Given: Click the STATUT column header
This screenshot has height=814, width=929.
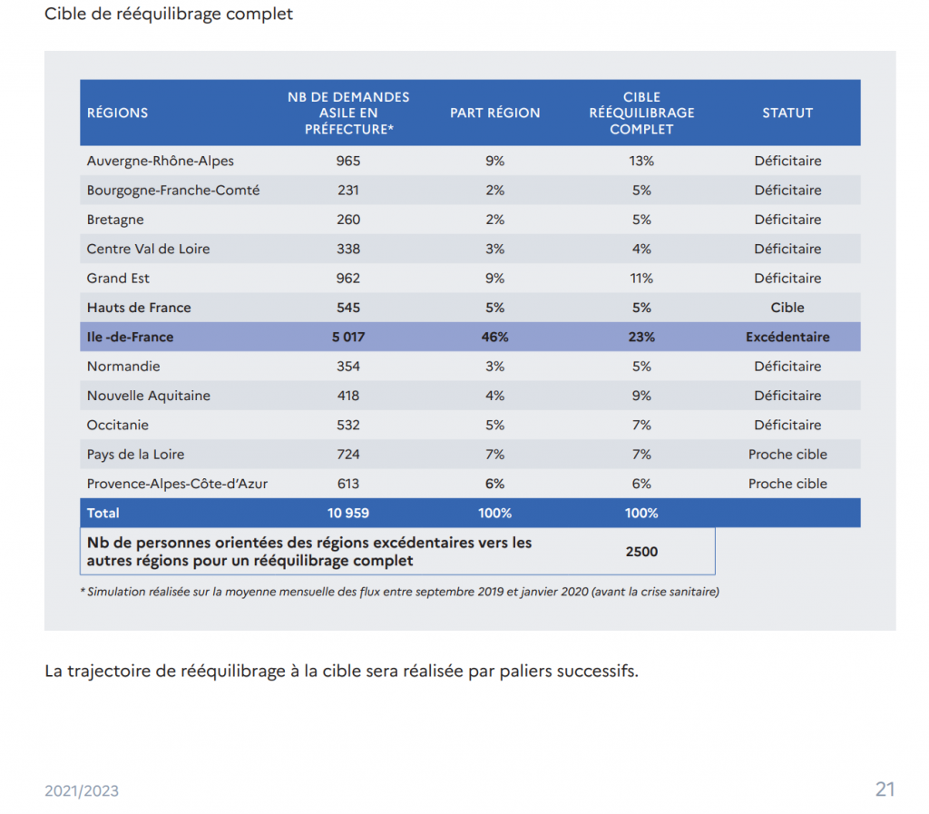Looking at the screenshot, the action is coord(787,113).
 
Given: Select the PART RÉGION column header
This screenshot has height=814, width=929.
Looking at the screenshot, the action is coord(494,113).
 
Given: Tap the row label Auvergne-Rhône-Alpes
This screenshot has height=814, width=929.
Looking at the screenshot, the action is coord(160,161).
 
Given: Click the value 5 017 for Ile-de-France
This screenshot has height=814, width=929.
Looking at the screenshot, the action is coord(348,337).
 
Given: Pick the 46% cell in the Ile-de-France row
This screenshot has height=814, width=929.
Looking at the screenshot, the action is coord(494,337).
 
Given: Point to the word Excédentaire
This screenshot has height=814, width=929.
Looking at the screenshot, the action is coord(787,337).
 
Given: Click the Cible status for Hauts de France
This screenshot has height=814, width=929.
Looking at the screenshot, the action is coord(787,308).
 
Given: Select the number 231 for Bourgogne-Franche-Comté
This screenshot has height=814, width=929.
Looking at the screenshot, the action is coord(348,191).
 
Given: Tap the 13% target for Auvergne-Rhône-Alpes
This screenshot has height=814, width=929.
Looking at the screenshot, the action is coord(641,161).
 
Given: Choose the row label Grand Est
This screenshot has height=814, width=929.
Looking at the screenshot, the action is coord(118,279).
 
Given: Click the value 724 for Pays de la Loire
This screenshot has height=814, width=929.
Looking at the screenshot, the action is coord(348,455).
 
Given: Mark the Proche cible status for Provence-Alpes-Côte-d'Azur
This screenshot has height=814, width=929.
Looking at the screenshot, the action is coord(787,484).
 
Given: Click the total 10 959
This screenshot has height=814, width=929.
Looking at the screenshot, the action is coord(348,513).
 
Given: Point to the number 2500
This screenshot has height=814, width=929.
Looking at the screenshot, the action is coord(641,552).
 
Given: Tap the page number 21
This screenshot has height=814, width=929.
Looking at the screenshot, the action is coord(885,789).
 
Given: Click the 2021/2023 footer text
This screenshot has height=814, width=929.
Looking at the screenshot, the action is coord(82,791).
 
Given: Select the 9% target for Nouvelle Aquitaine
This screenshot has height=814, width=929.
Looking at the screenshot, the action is coord(641,396).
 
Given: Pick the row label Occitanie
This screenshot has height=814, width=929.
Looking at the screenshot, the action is coord(117,425).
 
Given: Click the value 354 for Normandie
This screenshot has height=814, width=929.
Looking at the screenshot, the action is coord(348,366).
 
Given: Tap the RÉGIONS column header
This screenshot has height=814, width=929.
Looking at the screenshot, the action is coord(117,113).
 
